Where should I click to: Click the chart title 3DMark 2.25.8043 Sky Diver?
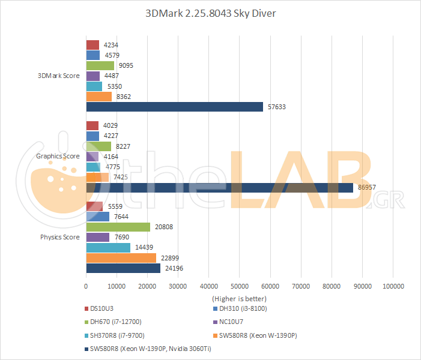pyautogui.click(x=210, y=13)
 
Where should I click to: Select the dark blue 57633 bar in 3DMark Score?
pyautogui.click(x=174, y=107)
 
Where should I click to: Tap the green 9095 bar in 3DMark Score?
pyautogui.click(x=100, y=66)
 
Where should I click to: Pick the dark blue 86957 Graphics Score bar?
pyautogui.click(x=219, y=188)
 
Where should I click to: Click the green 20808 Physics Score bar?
pyautogui.click(x=118, y=227)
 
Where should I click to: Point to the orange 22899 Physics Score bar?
pyautogui.click(x=121, y=258)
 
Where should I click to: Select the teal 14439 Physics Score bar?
pyautogui.click(x=108, y=248)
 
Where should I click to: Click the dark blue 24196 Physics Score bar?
pyautogui.click(x=123, y=268)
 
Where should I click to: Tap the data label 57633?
pyautogui.click(x=276, y=107)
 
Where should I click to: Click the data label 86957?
pyautogui.click(x=367, y=188)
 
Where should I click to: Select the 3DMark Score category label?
pyautogui.click(x=58, y=76)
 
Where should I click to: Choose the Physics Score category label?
pyautogui.click(x=60, y=237)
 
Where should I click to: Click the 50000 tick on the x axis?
pyautogui.click(x=239, y=287)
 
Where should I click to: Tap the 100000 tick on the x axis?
pyautogui.click(x=393, y=287)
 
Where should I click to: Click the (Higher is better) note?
pyautogui.click(x=239, y=298)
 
